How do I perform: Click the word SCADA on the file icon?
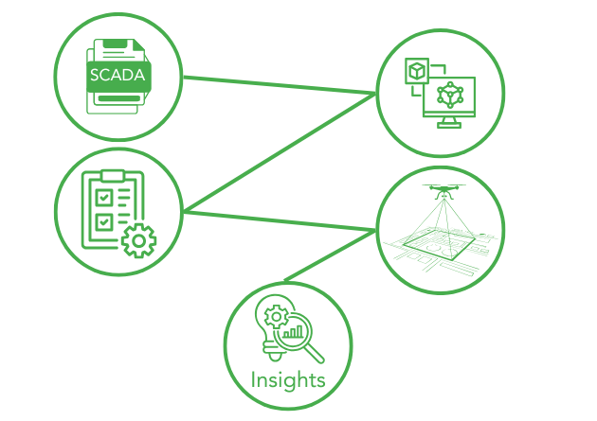118,75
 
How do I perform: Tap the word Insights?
288,380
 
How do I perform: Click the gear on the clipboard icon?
139,240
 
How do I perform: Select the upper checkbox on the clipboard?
106,198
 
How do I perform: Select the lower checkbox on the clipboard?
106,221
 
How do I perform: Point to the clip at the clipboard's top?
113,176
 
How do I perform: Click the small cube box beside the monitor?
417,72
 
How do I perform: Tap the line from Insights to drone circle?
327,256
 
